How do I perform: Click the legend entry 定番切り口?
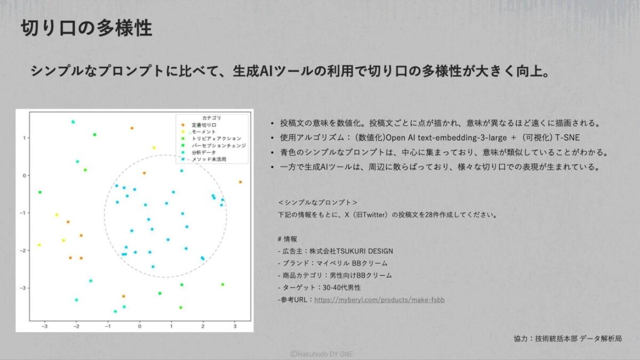coord(204,125)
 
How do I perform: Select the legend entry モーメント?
coord(203,132)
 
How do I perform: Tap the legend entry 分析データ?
coord(203,153)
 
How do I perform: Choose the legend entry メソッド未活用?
coord(209,159)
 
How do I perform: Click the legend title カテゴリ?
coord(211,118)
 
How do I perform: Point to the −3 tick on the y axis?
coord(22,288)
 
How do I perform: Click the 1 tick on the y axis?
coord(25,138)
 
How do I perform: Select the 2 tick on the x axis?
coord(203,326)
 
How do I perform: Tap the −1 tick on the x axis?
coord(107,326)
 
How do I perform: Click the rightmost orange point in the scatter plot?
coord(241,182)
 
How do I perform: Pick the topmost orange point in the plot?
coord(132,128)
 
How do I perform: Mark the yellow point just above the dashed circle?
coord(154,148)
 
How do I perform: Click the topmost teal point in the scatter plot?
coord(73,122)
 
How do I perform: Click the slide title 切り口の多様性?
coord(86,28)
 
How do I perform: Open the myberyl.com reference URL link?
coord(379,300)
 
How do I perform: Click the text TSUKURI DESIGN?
coord(364,251)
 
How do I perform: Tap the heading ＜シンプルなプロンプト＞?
coord(317,203)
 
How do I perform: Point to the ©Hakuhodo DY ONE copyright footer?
coord(322,354)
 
